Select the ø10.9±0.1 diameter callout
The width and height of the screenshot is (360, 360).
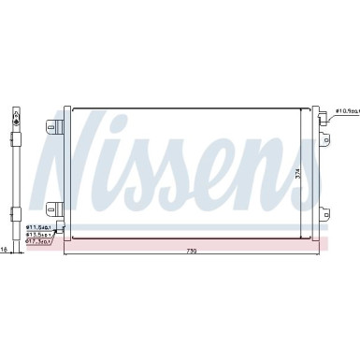pos(345,110)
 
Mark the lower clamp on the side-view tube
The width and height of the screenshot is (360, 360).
pos(18,210)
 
